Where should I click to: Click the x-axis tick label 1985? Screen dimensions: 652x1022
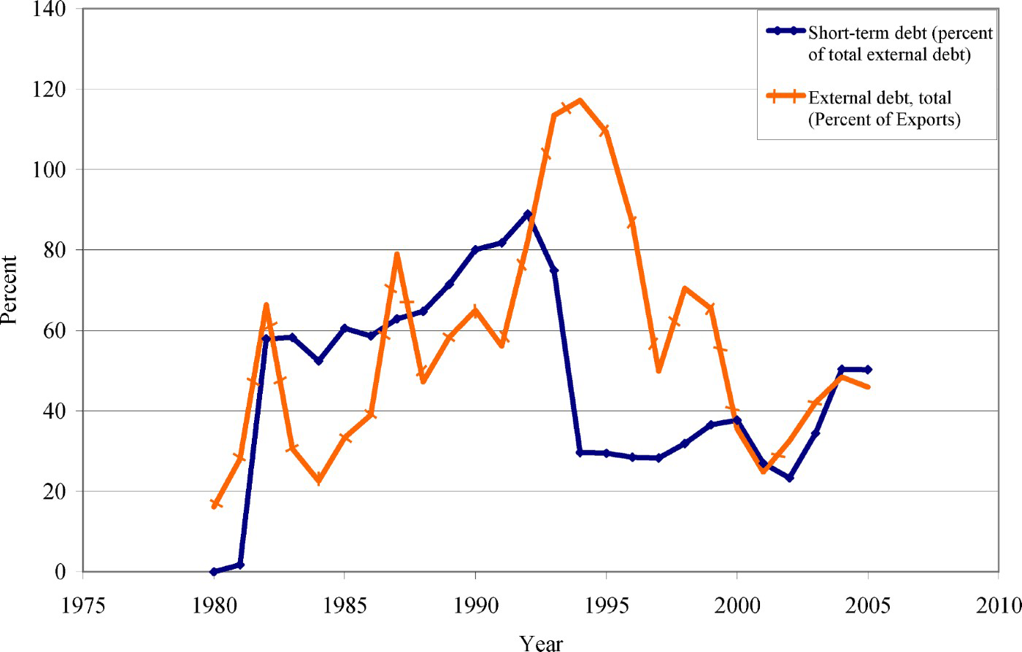[345, 605]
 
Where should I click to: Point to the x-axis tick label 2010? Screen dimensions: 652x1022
[998, 605]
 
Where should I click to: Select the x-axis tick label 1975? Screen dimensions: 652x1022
[83, 605]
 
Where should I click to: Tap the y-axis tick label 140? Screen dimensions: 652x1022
[49, 9]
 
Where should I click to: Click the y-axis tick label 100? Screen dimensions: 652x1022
[49, 170]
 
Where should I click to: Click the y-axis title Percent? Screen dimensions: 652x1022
[9, 290]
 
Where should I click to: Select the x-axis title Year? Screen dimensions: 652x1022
[541, 642]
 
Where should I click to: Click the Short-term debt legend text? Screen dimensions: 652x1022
[900, 44]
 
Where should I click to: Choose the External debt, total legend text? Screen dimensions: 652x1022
[884, 109]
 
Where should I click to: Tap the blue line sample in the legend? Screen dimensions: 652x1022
[785, 31]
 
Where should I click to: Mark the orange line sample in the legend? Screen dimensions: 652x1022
[785, 97]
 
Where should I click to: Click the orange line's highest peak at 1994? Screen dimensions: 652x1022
[580, 101]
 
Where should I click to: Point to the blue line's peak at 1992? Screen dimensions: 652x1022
[528, 214]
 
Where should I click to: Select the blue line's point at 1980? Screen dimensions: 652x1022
[214, 572]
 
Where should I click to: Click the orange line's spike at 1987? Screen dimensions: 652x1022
[396, 255]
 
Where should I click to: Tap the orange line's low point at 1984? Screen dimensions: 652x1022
[318, 481]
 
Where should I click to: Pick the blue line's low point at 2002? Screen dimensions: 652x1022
[789, 478]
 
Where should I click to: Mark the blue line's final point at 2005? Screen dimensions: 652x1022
[867, 370]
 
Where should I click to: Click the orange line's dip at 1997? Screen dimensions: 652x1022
[658, 370]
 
